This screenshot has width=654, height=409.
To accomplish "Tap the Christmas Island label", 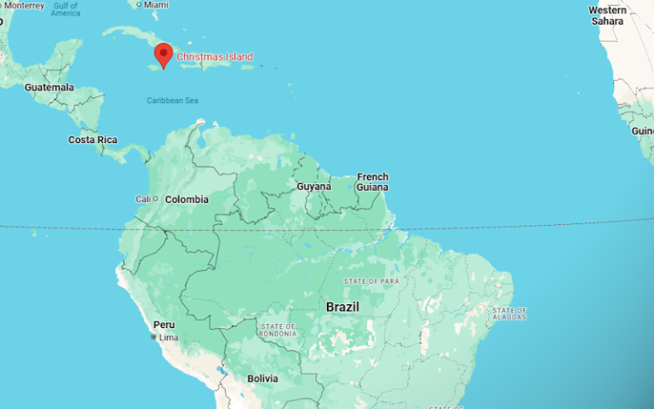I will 215,57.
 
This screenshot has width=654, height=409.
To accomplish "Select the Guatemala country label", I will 49,88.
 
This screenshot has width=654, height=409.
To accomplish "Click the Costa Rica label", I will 93,140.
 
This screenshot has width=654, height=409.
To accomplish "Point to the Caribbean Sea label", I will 172,101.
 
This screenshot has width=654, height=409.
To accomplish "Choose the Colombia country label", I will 186,199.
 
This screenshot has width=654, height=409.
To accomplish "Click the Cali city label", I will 142,199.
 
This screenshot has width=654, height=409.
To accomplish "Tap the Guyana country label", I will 313,186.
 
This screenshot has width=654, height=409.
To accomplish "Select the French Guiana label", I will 372,181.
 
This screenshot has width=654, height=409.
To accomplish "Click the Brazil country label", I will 342,307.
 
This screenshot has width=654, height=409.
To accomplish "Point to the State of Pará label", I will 371,280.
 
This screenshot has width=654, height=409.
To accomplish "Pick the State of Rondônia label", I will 279,330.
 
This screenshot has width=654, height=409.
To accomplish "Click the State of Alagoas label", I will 509,313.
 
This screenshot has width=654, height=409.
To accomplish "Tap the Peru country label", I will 163,325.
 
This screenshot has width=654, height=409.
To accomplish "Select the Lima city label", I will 168,338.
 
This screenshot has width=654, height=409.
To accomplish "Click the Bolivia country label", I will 262,377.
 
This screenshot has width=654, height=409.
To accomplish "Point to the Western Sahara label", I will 607,15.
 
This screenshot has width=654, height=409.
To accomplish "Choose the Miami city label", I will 156,5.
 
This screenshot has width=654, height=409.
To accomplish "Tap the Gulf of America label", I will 66,9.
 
